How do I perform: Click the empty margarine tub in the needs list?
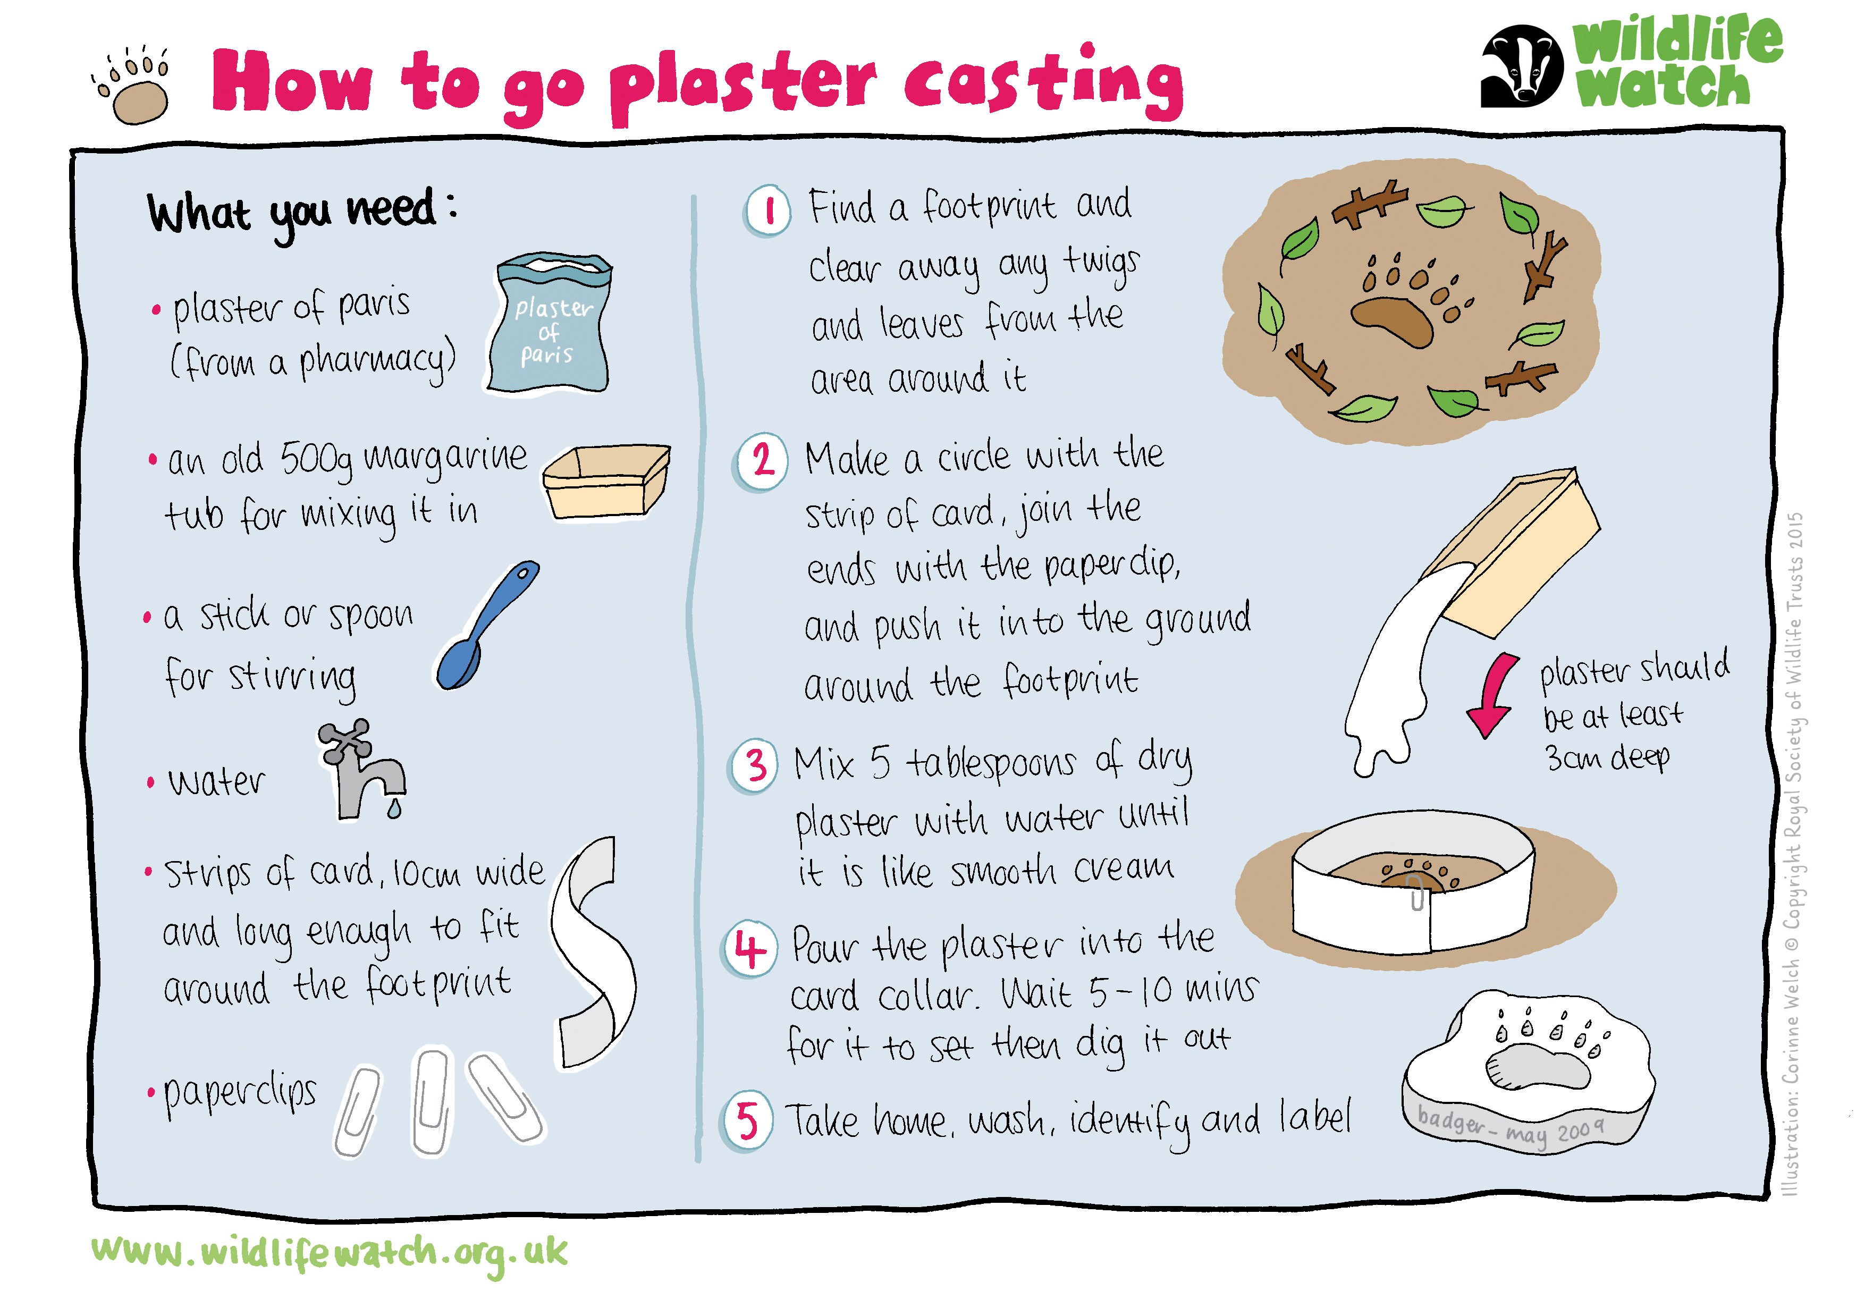point(606,481)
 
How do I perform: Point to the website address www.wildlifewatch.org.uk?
point(330,1252)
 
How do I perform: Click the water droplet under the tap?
point(394,808)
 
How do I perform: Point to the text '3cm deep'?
point(1607,757)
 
